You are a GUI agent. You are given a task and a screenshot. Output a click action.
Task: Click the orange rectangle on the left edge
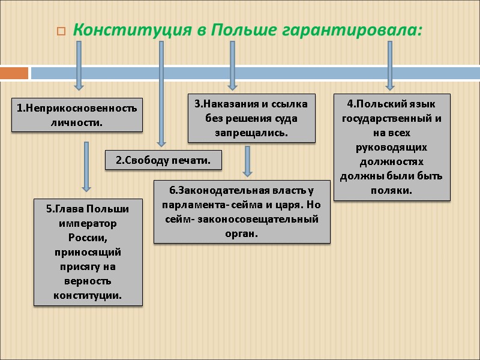(x=14, y=73)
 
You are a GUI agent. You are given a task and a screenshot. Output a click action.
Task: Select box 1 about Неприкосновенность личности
(x=76, y=115)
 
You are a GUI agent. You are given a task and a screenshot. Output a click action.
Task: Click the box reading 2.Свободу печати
(x=163, y=160)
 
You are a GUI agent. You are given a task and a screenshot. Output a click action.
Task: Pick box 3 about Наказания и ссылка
(x=251, y=118)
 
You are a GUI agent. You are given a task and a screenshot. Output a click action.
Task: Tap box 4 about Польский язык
(x=392, y=146)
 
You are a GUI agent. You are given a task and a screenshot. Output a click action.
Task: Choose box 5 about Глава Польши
(x=88, y=252)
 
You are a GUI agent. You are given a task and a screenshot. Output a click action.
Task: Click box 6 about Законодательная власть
(x=242, y=211)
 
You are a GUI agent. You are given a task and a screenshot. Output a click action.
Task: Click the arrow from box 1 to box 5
(x=86, y=166)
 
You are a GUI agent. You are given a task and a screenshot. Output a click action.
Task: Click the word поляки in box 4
(x=392, y=190)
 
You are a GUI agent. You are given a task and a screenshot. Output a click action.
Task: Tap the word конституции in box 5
(x=88, y=295)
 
